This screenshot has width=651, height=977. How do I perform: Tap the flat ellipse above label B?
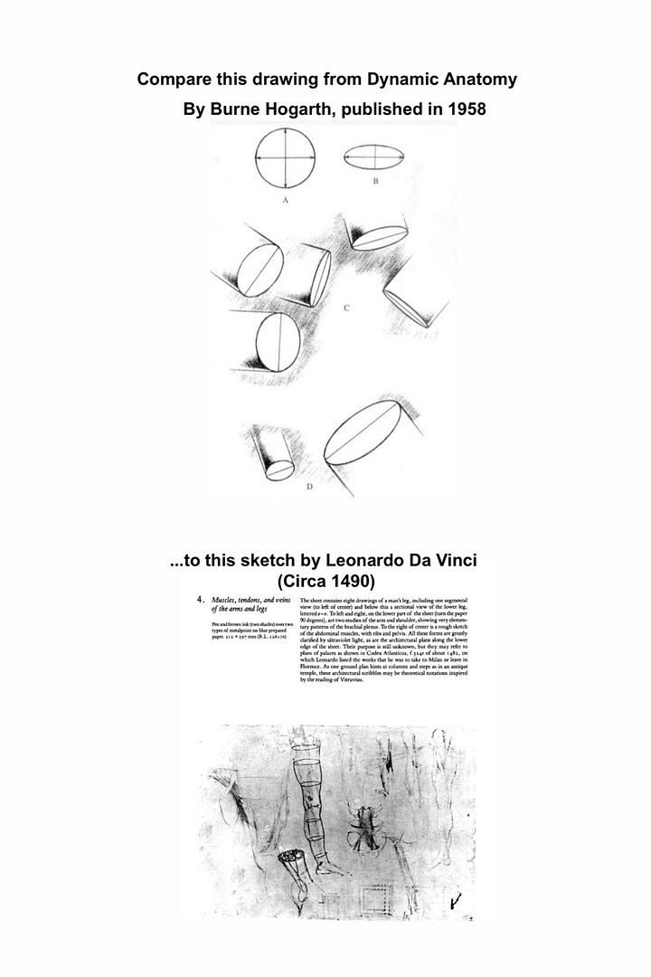(374, 158)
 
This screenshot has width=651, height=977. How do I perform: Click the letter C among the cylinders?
(346, 308)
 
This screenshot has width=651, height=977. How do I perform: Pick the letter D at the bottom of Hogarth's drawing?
(309, 487)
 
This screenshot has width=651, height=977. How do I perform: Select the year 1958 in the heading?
(465, 109)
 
